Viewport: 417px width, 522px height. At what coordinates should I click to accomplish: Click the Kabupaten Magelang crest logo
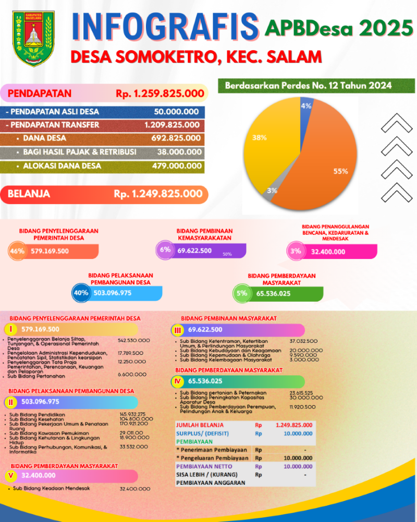click(33, 39)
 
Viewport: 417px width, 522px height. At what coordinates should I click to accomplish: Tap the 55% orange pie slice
click(318, 167)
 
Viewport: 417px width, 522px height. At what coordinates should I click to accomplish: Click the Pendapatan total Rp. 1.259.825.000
click(160, 94)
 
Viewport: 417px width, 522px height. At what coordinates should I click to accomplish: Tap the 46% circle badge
click(17, 251)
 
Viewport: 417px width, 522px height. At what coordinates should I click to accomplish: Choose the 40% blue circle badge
click(81, 293)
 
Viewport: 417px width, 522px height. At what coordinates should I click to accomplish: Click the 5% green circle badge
click(241, 293)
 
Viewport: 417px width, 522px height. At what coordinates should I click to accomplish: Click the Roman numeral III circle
click(178, 330)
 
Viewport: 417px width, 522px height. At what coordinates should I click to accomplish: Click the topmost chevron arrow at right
click(397, 124)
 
